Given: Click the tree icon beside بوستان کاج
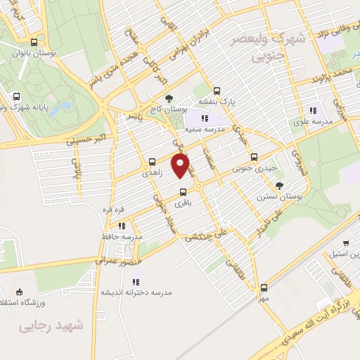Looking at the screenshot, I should tap(167, 99).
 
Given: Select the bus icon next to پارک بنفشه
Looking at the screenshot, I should tap(217, 90).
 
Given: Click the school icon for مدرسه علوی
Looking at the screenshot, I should tap(314, 109).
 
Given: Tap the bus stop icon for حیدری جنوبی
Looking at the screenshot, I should tap(254, 157).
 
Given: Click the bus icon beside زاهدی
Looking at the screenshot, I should tap(152, 160).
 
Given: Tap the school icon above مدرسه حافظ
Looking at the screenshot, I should tap(122, 226).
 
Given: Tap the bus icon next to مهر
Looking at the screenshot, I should tap(264, 287).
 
